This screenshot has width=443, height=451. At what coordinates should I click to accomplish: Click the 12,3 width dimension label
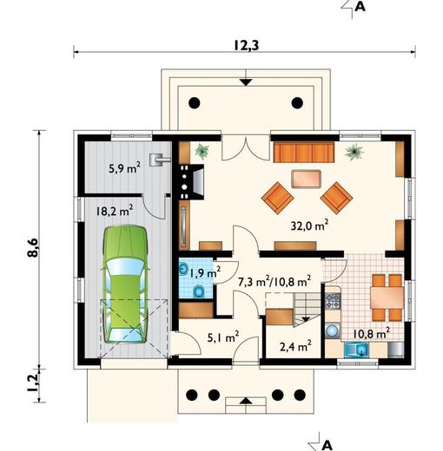pyautogui.click(x=246, y=45)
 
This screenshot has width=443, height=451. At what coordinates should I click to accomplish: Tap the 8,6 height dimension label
pyautogui.click(x=32, y=247)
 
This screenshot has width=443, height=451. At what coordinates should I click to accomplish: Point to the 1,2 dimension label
pyautogui.click(x=32, y=383)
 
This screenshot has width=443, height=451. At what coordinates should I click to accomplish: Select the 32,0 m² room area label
pyautogui.click(x=309, y=225)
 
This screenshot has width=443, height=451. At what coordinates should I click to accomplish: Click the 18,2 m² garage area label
pyautogui.click(x=115, y=211)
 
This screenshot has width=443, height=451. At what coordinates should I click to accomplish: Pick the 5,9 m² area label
pyautogui.click(x=124, y=167)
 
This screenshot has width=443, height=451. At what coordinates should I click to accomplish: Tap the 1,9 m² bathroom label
pyautogui.click(x=205, y=272)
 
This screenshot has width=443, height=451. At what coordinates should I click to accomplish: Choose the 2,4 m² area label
pyautogui.click(x=295, y=346)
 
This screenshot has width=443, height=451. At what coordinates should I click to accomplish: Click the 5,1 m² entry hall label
pyautogui.click(x=223, y=337)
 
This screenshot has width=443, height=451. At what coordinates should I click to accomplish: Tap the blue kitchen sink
pyautogui.click(x=356, y=350)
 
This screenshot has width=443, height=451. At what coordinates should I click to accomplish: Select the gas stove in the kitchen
pyautogui.click(x=333, y=300)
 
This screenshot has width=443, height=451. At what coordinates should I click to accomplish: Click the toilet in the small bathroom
pyautogui.click(x=198, y=291)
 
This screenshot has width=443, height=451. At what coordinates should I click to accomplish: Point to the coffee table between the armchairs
pyautogui.click(x=306, y=179)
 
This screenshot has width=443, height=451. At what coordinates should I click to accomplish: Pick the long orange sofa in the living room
pyautogui.click(x=304, y=153)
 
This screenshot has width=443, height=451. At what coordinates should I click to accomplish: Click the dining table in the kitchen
pyautogui.click(x=387, y=297)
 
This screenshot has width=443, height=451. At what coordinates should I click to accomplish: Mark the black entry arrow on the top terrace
pyautogui.click(x=246, y=82)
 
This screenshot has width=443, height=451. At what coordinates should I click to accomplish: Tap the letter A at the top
pyautogui.click(x=360, y=6)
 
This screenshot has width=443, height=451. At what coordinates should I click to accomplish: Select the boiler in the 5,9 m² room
pyautogui.click(x=159, y=160)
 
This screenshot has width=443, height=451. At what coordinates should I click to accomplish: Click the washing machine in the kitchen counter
pyautogui.click(x=333, y=330)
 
